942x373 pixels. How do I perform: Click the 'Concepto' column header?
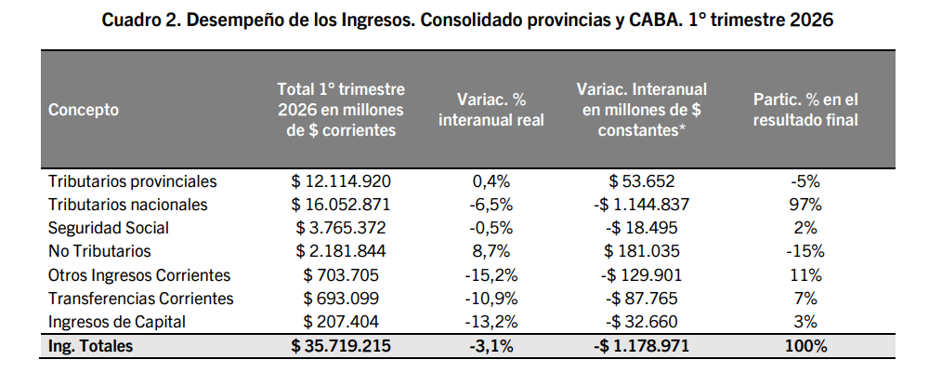pos(84,110)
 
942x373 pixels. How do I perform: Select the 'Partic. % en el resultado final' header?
pos(805,110)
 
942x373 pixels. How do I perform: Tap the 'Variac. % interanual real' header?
pos(491,110)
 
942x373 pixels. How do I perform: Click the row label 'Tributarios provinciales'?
pos(132,181)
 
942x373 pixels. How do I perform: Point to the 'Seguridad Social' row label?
pos(108,228)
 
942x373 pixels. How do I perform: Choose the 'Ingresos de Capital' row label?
pos(116,322)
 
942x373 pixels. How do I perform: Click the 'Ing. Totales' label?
pos(90,347)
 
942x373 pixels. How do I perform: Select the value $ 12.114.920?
pos(341,181)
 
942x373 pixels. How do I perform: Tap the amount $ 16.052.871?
pos(341,205)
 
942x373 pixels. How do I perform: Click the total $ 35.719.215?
pos(341,347)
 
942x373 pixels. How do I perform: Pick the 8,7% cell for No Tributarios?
pos(491,251)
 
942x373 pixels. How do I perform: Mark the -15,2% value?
pos(491,275)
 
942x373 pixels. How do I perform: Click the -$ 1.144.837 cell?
pos(642,205)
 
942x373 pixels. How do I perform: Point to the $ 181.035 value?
pos(642,251)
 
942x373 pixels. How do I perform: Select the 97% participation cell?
pos(805,205)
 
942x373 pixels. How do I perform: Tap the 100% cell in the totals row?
pos(805,347)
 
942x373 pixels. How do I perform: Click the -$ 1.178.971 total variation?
pos(642,347)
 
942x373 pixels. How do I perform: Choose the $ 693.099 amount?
pos(341,299)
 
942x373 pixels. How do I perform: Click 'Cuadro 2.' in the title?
pos(140,20)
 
